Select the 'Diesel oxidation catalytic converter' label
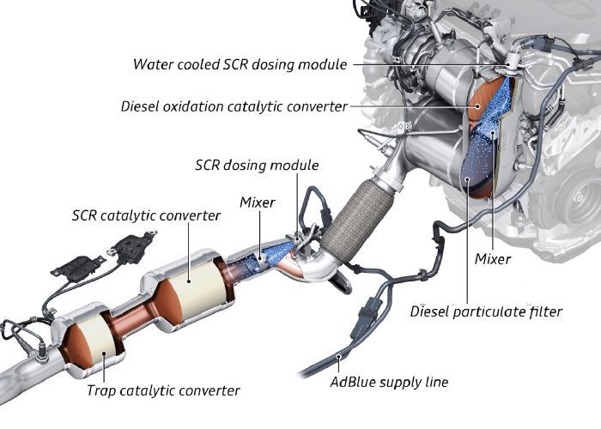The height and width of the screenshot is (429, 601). point(234,106)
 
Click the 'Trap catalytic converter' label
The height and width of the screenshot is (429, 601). point(163,390)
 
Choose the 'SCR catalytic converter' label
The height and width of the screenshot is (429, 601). point(146,215)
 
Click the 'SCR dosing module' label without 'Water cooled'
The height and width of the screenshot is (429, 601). point(257,165)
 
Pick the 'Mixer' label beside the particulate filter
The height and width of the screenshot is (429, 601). point(493,258)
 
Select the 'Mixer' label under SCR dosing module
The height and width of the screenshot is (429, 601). point(258,202)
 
